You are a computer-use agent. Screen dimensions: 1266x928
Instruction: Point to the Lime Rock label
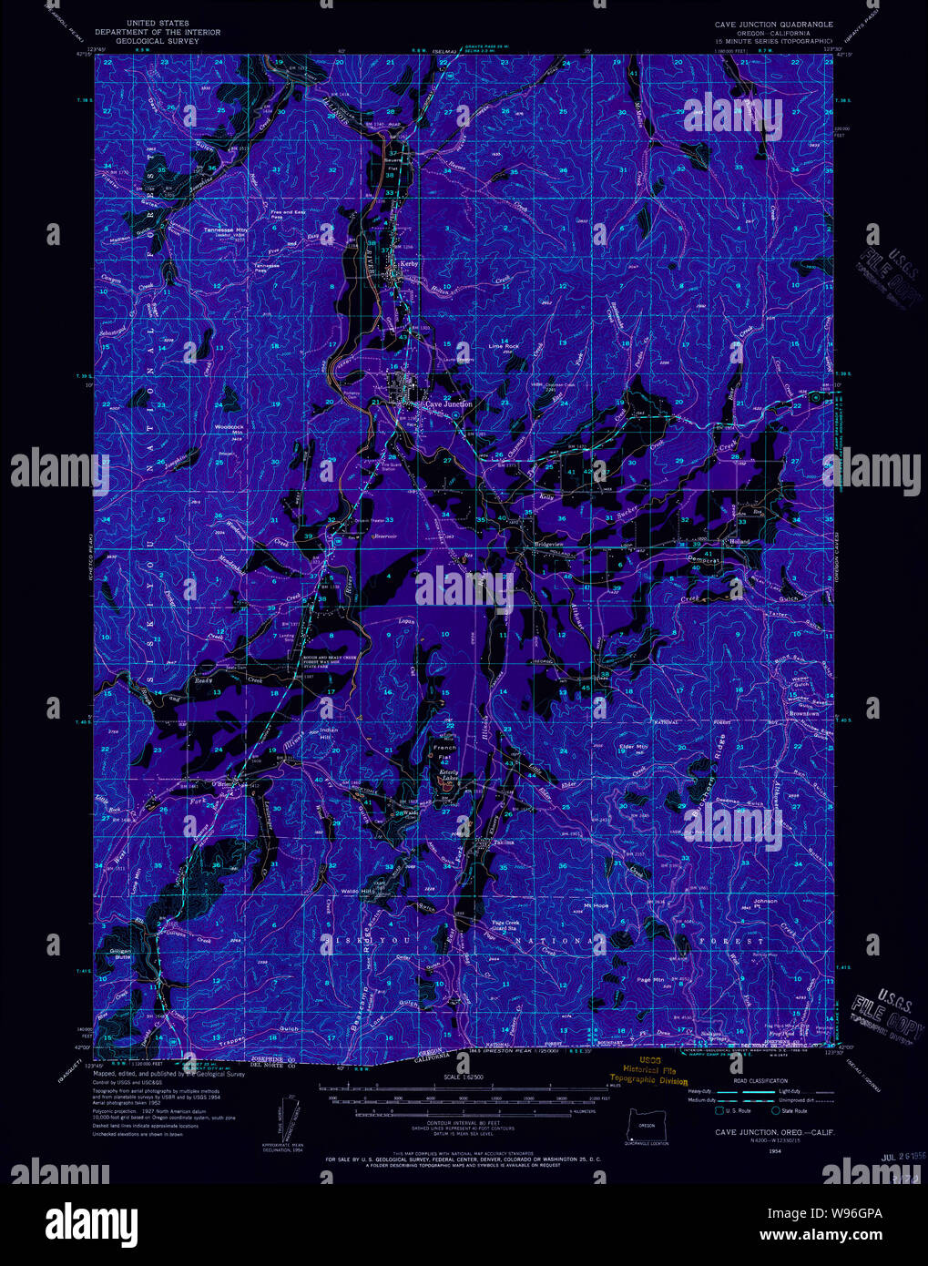click(x=503, y=346)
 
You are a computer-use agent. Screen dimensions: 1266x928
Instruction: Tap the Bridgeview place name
click(x=549, y=545)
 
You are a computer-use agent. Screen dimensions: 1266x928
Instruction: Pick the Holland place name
click(x=739, y=542)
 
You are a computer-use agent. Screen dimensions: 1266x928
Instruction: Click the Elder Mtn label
click(x=633, y=747)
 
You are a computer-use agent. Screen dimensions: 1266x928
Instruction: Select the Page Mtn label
click(x=650, y=979)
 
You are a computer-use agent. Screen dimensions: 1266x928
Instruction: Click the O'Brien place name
click(x=224, y=782)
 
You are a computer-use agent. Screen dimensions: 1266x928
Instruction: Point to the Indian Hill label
click(x=328, y=734)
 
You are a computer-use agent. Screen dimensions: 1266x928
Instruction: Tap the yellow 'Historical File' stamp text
click(x=648, y=1070)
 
